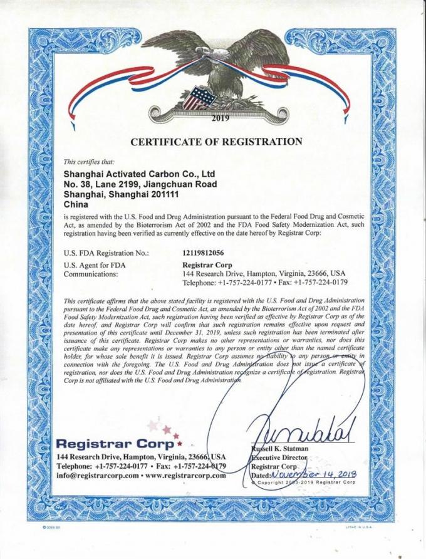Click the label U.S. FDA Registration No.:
pos(106,253)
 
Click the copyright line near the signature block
pos(304,483)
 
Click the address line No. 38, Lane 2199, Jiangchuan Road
pos(141,184)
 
